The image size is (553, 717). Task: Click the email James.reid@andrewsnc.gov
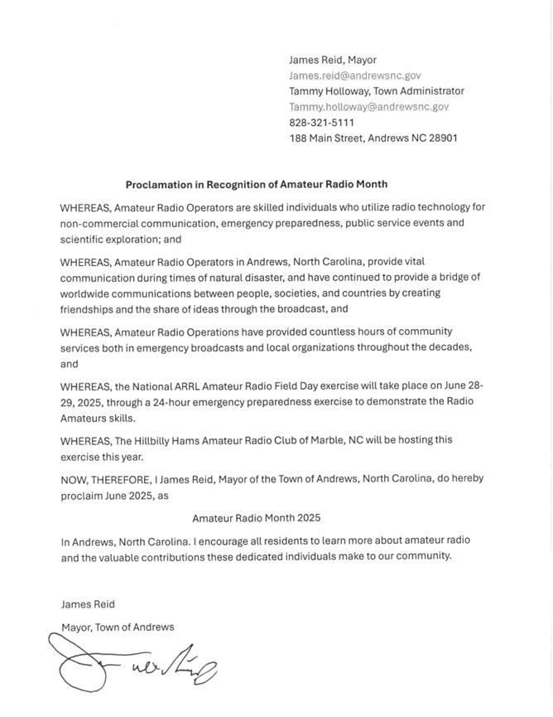point(354,75)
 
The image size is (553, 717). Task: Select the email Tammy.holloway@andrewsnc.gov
point(368,107)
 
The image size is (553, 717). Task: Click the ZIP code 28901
point(440,138)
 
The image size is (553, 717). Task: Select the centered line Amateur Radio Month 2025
point(256,518)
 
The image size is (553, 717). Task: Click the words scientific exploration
point(106,239)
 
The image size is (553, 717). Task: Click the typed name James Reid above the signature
point(88,604)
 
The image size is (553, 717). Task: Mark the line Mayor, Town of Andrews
point(118,627)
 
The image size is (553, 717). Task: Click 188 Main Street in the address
point(326,138)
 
